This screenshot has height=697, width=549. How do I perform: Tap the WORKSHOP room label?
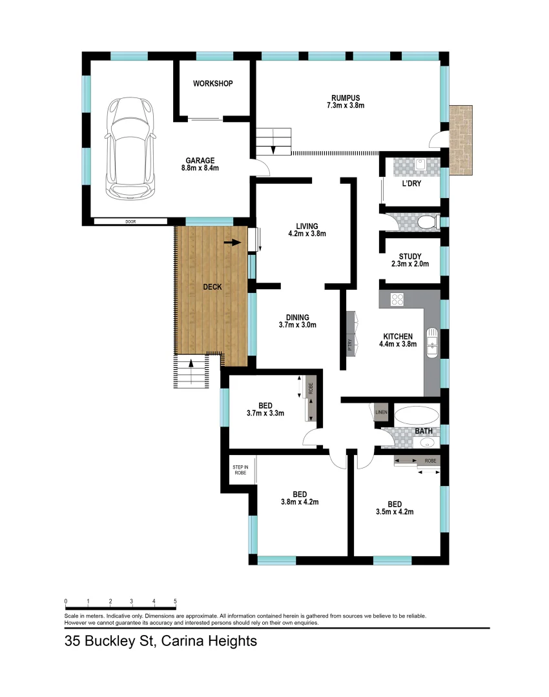212,84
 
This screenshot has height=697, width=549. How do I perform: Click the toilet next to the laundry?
427,223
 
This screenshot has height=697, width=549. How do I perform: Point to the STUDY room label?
409,256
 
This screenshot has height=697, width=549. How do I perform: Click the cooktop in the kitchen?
397,299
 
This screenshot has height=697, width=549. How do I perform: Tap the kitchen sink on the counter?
432,342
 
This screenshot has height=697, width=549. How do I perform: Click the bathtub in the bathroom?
416,415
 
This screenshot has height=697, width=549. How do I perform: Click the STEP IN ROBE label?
240,470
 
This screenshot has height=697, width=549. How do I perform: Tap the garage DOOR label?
131,221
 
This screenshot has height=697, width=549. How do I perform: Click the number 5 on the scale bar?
175,600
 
